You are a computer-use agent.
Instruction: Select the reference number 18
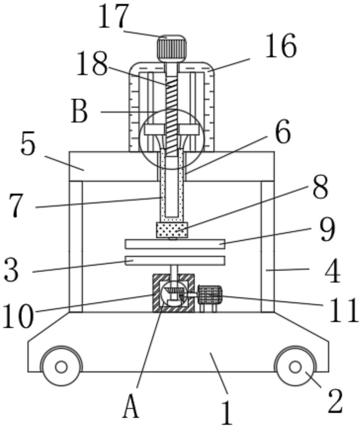coord(92,63)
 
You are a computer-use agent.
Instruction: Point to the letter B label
coord(79,111)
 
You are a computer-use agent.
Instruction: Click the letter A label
coord(131,406)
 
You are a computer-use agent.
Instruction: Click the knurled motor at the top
coord(172,49)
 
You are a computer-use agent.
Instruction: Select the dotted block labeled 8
coord(172,230)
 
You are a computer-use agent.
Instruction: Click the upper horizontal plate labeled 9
coord(175,244)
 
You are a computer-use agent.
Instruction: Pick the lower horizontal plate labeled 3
coord(175,261)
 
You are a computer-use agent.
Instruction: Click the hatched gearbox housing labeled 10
coord(173,293)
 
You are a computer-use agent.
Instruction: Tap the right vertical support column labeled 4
coord(268,247)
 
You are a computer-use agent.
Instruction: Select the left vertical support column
coord(76,247)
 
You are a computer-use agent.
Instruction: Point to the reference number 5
coord(28,143)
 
